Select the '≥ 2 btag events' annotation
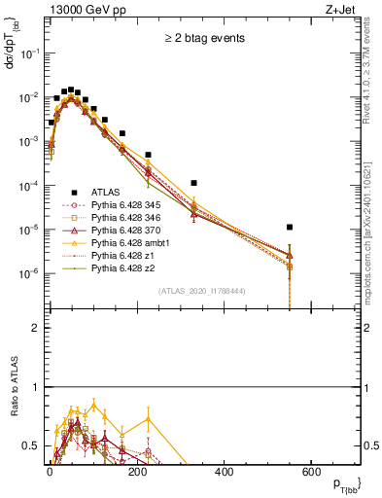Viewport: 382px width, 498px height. click(203, 38)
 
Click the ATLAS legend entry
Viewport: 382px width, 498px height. click(109, 192)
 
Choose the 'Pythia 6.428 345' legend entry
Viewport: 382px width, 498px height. click(129, 205)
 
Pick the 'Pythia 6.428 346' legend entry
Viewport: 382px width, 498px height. click(129, 218)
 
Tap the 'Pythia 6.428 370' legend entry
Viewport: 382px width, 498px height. click(129, 231)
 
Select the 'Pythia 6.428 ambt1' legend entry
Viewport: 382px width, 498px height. click(133, 243)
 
